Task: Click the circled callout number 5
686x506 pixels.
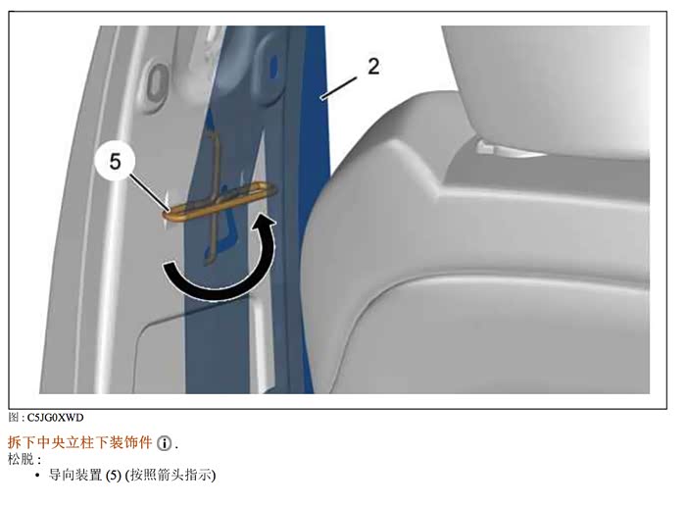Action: pos(115,162)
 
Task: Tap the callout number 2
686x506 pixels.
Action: pos(373,67)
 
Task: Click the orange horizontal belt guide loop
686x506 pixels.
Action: pos(220,201)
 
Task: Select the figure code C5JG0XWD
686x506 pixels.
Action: pos(55,418)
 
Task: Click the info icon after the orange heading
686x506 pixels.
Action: pos(165,443)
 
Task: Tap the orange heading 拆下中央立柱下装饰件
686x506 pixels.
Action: pos(79,443)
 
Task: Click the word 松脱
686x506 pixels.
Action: pos(21,459)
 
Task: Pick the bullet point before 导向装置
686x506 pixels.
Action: pos(37,476)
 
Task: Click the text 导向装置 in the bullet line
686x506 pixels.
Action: pos(75,475)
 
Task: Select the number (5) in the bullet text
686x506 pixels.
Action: pos(114,476)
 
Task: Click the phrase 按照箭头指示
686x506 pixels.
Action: pos(171,475)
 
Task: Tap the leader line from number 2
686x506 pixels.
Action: pos(339,88)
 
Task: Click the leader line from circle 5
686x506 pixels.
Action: pos(148,192)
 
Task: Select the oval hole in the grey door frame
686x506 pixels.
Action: pos(156,82)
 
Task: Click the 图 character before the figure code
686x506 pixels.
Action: pos(13,418)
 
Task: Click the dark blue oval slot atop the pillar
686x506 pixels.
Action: pos(273,69)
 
